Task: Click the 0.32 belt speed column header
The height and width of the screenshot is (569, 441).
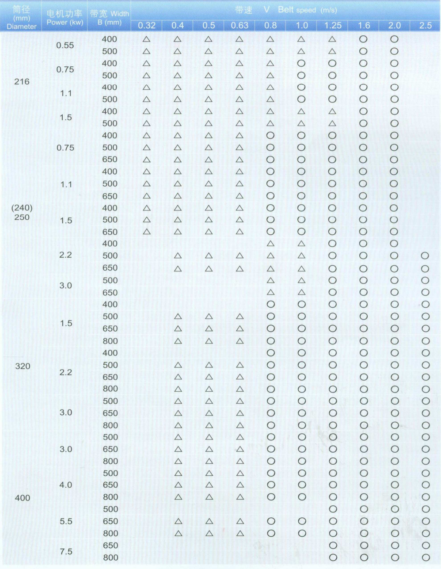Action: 147,26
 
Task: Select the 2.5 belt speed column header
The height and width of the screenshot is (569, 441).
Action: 425,26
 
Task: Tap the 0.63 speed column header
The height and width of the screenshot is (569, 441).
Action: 240,26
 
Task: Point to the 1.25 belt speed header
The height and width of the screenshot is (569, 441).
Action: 333,26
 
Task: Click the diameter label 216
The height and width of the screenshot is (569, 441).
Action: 22,81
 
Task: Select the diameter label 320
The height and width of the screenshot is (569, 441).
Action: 23,366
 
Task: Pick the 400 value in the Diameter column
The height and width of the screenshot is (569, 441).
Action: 23,498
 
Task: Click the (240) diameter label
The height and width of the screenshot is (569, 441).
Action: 22,208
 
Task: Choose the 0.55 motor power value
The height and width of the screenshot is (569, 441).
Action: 65,45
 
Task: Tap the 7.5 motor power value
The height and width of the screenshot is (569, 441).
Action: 66,551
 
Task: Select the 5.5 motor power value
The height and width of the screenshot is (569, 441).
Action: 66,521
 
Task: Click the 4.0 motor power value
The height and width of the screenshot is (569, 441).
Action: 66,485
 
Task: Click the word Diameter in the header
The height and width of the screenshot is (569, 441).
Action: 22,27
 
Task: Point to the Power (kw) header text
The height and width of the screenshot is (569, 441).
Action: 65,22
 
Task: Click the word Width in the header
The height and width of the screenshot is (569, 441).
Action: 120,14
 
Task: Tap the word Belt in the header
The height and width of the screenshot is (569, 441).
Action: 285,10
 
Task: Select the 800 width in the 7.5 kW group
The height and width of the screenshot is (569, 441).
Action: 110,558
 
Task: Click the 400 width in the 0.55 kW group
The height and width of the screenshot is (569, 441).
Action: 110,39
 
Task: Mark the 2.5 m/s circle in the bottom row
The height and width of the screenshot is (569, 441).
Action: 426,558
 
